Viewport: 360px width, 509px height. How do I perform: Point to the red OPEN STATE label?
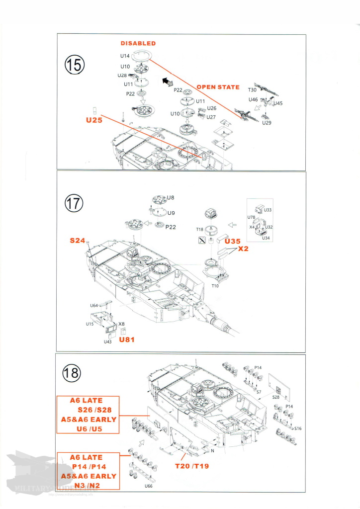pos(218,87)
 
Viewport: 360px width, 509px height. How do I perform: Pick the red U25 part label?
pos(94,120)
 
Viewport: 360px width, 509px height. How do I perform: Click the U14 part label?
pos(124,56)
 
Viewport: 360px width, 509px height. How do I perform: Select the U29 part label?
pos(267,122)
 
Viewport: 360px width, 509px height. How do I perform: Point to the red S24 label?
pos(77,241)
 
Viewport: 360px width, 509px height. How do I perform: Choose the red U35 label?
pos(233,241)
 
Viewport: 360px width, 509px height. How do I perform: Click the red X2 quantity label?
pos(243,249)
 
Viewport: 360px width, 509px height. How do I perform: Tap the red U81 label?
pos(127,340)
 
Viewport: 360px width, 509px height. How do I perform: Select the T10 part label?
pos(215,286)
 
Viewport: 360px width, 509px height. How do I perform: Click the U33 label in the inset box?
pos(268,210)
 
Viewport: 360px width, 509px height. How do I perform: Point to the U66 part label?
pos(148,486)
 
